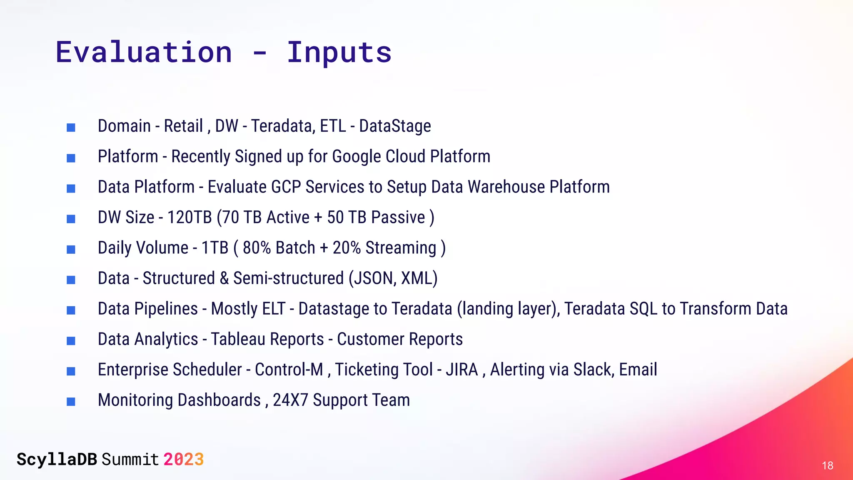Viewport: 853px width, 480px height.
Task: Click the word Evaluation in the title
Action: [x=144, y=52]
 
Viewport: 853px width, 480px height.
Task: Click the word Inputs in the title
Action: [x=339, y=53]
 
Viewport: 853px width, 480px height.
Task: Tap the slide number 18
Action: [x=827, y=465]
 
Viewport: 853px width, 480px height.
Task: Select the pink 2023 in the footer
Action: [x=183, y=460]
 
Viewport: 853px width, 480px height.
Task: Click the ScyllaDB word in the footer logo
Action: [x=57, y=460]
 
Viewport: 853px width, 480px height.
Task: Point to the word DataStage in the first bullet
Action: [x=395, y=126]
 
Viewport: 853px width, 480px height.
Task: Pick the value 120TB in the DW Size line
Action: [x=190, y=217]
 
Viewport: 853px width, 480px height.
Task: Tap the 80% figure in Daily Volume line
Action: [x=257, y=248]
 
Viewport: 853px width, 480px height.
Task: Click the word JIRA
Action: [x=461, y=370]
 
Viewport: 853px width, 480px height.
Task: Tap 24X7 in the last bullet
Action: [x=290, y=400]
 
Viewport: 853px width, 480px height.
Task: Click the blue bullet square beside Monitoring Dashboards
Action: [x=71, y=401]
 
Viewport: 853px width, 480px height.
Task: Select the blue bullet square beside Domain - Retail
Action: [x=71, y=127]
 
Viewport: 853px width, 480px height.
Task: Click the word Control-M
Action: [x=289, y=370]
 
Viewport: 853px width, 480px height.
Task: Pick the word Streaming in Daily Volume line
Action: [x=401, y=248]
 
